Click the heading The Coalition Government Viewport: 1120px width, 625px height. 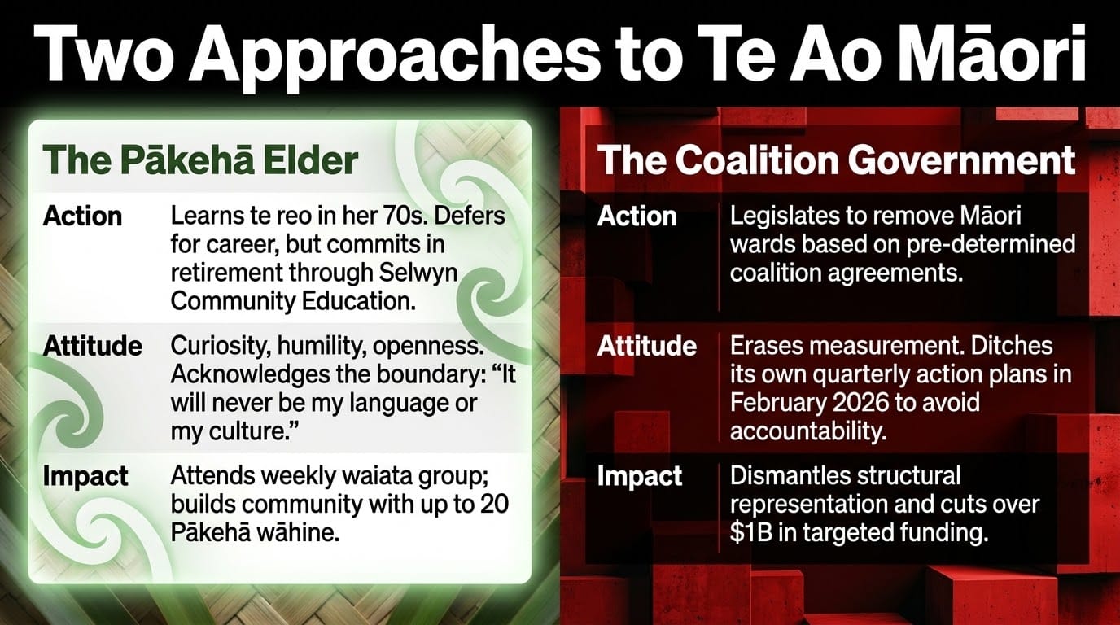click(x=836, y=160)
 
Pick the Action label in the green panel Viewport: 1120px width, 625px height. click(x=82, y=216)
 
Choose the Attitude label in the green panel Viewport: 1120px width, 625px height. click(x=93, y=346)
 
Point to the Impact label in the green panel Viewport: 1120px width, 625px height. click(x=85, y=476)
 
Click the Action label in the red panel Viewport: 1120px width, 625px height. click(x=637, y=216)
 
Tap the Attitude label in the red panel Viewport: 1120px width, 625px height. click(x=646, y=346)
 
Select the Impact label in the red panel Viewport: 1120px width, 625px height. click(x=640, y=476)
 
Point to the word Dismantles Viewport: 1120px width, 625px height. click(x=788, y=475)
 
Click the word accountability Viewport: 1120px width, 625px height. click(x=808, y=432)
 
